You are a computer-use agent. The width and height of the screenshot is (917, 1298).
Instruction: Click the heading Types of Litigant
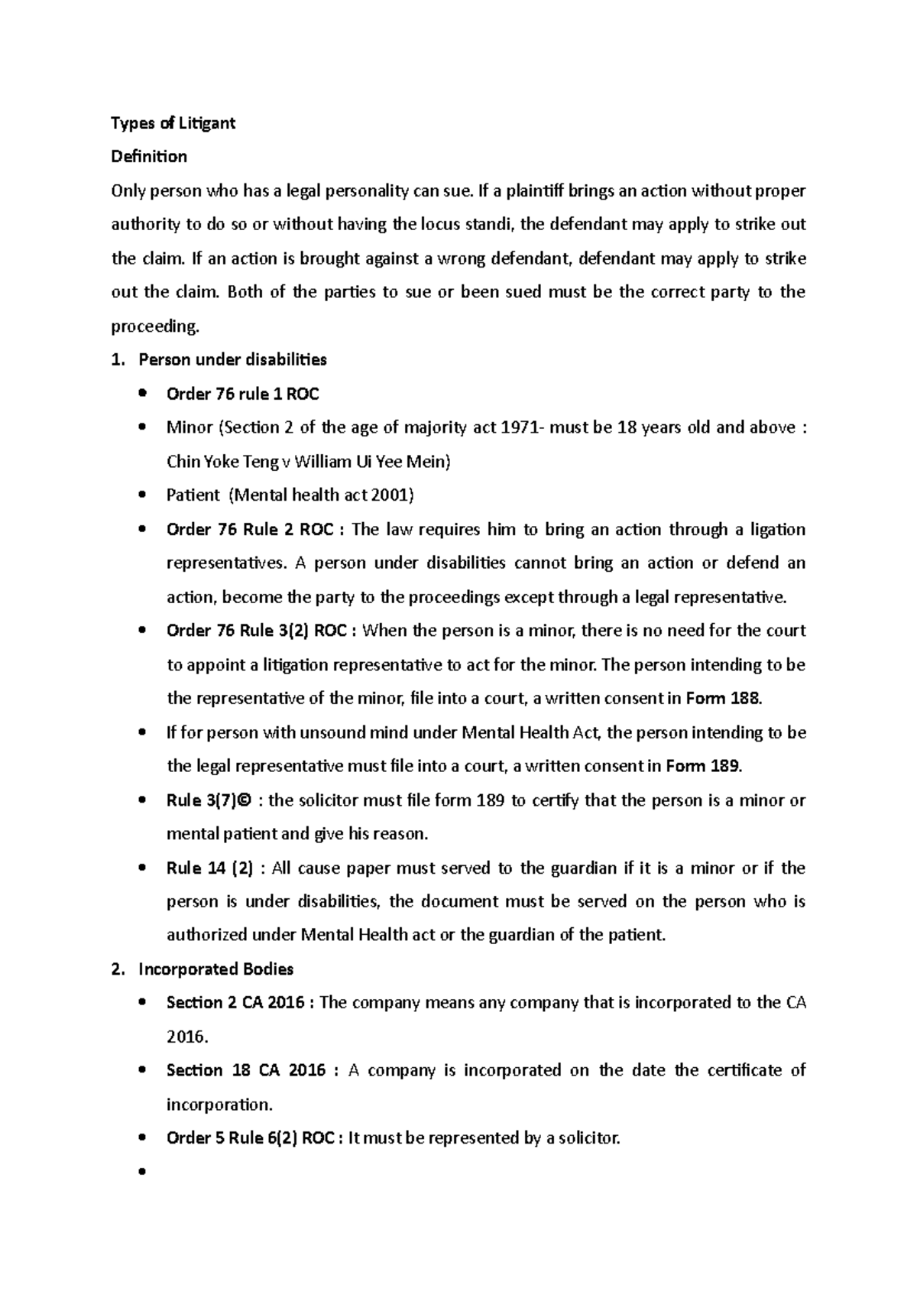tap(173, 123)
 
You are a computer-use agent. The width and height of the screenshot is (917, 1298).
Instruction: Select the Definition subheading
tap(149, 157)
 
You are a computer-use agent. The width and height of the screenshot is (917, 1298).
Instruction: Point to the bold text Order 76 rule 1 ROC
tap(242, 394)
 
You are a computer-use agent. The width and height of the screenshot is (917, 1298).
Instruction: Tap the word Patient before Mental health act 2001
tap(193, 495)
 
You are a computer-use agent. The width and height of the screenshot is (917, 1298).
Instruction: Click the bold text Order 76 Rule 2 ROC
tap(249, 530)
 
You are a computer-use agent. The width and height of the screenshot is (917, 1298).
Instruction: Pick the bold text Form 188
tap(723, 699)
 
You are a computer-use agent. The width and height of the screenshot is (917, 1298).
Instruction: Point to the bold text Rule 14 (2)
tap(209, 868)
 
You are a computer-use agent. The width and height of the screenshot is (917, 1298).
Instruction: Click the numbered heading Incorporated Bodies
tap(215, 969)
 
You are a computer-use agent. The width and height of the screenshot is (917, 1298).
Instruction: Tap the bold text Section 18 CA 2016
tap(246, 1070)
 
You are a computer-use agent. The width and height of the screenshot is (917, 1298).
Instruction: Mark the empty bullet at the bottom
tap(141, 1172)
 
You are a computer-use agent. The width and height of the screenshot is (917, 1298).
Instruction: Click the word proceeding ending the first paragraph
tap(154, 327)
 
